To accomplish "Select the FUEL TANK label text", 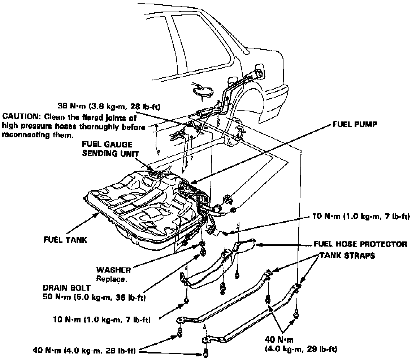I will [x=65, y=240].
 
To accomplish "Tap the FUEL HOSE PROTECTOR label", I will [x=360, y=244].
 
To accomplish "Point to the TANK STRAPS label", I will [x=347, y=255].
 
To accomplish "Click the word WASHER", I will [x=113, y=270].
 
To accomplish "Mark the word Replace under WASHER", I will [x=112, y=279].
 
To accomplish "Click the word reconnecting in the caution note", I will [x=23, y=135].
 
